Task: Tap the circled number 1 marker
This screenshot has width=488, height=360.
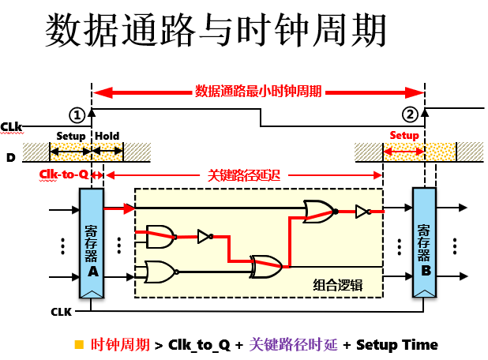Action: coord(77,114)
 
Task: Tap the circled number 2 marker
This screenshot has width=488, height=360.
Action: coord(410,114)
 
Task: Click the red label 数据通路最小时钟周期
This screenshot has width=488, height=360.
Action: coord(258,91)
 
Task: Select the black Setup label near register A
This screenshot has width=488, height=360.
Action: coord(71,136)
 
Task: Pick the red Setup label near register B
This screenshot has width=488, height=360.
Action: coord(404,135)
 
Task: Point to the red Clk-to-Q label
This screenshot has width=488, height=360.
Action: coord(63,174)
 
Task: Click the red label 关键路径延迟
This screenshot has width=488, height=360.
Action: coord(244,174)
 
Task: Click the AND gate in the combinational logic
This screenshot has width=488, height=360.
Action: coord(160,234)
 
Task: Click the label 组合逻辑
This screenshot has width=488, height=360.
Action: coord(337,286)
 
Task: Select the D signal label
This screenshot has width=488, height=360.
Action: coord(10,158)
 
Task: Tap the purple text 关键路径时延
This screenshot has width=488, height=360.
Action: coord(293,344)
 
